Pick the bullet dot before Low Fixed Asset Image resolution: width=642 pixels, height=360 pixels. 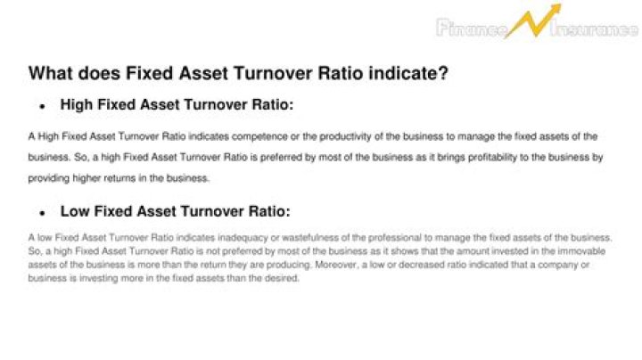click(42, 215)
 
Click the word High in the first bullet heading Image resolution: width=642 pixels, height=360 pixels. click(78, 105)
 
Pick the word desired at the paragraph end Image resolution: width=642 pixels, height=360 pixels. click(283, 278)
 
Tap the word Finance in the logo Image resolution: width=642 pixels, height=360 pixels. click(470, 29)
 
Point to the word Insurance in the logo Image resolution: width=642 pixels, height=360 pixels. click(595, 29)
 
